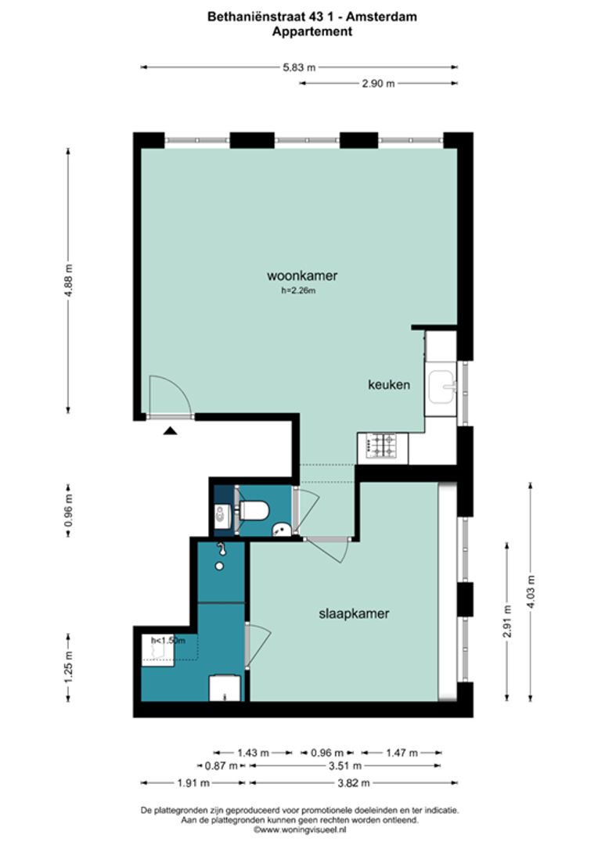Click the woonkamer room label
tap(302, 276)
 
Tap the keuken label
tap(389, 385)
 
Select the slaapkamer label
tap(354, 614)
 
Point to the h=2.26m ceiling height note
tap(298, 290)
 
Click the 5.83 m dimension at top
tap(299, 67)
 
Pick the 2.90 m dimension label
tap(378, 84)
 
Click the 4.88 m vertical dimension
tap(68, 280)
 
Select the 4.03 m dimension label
tap(531, 591)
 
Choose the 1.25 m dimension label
tap(68, 667)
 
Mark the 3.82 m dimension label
tap(354, 783)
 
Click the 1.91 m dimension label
tap(193, 783)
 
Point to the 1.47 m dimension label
tap(402, 753)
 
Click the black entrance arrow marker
tap(171, 430)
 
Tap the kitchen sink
tap(442, 387)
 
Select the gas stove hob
tap(381, 446)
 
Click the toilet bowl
tap(254, 510)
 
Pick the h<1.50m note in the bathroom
tap(168, 641)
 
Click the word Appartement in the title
tap(312, 31)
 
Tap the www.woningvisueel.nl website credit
tap(299, 830)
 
